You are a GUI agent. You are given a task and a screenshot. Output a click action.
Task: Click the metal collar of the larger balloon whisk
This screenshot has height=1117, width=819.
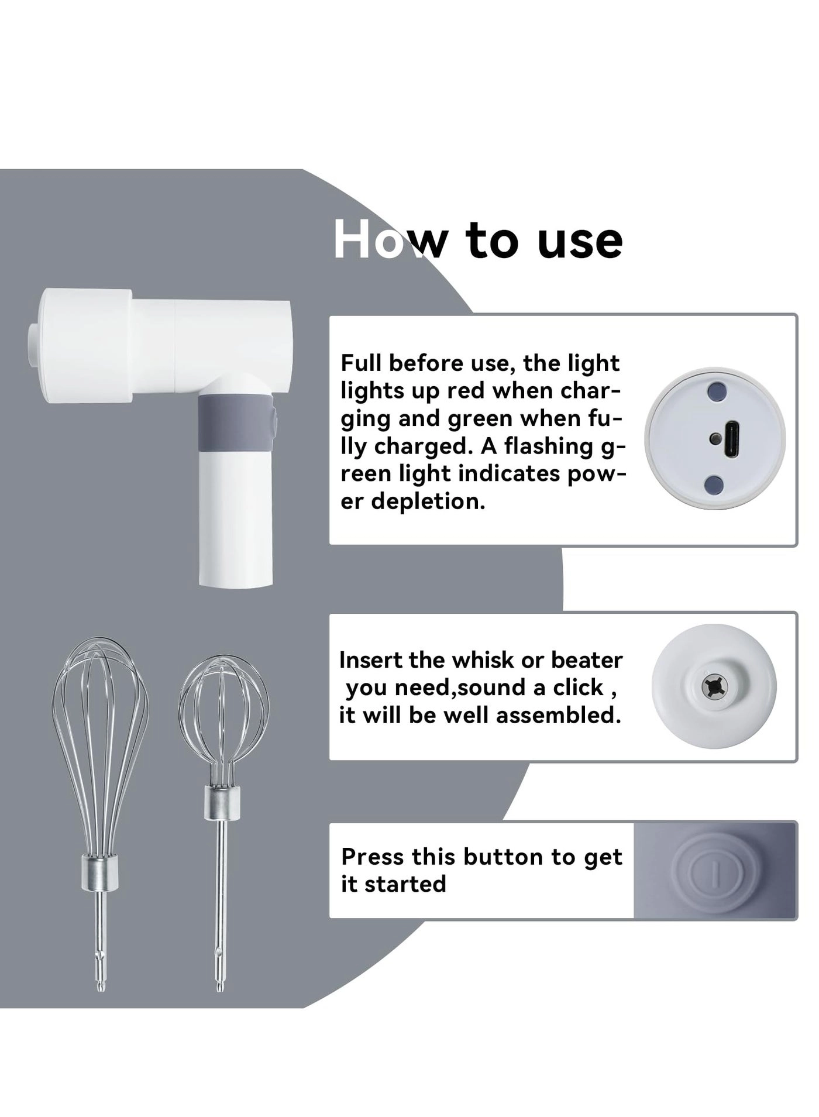tap(99, 870)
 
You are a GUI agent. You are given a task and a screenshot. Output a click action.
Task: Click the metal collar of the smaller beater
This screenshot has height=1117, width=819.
tap(222, 802)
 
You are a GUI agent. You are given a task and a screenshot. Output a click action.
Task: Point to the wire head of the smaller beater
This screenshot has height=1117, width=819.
tap(224, 711)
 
